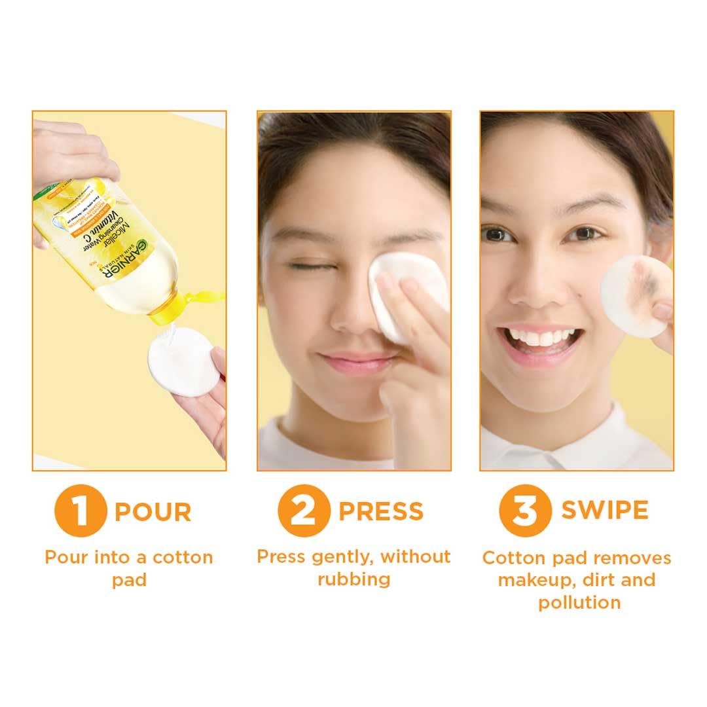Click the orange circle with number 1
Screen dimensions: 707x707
click(x=80, y=511)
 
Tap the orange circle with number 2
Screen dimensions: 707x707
click(x=303, y=511)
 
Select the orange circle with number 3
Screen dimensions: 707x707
click(x=525, y=511)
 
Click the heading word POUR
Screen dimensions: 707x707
click(x=153, y=512)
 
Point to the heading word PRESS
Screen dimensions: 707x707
click(x=381, y=511)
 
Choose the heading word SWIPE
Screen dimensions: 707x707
click(x=605, y=511)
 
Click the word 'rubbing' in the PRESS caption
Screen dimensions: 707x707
click(x=354, y=579)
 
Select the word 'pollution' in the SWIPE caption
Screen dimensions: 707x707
click(x=579, y=602)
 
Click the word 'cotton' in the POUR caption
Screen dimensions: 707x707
click(x=183, y=558)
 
